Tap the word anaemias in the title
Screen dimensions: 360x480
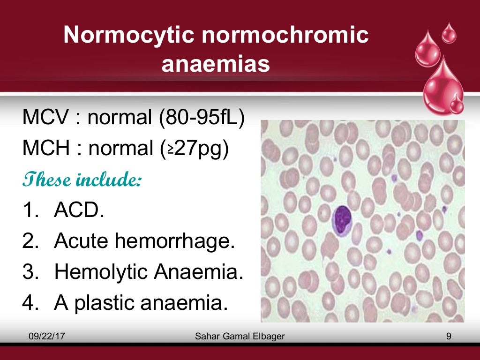[x=216, y=64]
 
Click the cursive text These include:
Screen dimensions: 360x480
[x=82, y=180]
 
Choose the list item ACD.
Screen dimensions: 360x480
[x=79, y=211]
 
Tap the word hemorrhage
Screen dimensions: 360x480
[x=180, y=241]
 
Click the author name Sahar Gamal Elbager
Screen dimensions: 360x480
[x=240, y=336]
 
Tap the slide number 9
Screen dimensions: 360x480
[x=449, y=336]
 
